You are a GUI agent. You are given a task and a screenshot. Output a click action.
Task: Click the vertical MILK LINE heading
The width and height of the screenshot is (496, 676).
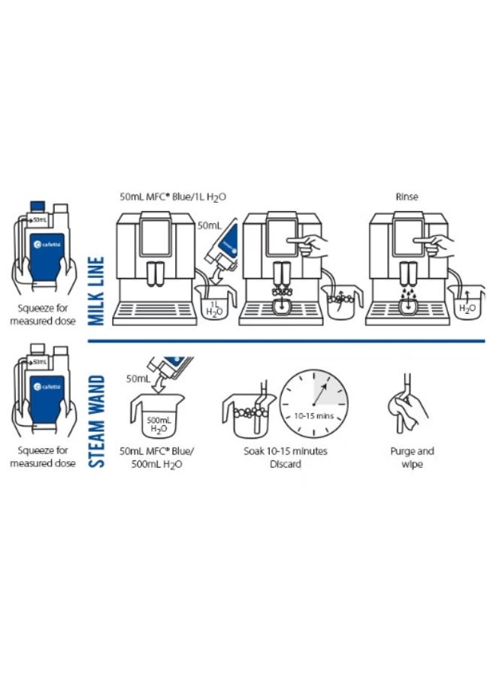96,291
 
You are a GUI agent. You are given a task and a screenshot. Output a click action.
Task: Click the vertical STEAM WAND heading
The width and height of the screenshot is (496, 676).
96,421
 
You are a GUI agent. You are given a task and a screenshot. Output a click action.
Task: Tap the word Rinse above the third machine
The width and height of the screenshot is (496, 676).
407,197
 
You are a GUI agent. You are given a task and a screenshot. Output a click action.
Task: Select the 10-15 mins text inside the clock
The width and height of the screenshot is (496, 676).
313,416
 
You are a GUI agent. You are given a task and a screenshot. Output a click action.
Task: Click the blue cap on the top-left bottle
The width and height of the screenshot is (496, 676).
38,207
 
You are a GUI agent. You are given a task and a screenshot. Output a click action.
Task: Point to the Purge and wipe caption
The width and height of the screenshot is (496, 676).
412,457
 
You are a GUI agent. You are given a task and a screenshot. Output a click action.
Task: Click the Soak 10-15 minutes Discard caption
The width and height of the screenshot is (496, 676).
285,457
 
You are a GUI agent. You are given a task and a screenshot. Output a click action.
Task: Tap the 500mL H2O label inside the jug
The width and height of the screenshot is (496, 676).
159,424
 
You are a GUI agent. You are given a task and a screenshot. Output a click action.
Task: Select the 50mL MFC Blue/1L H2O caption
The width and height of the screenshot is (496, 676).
173,197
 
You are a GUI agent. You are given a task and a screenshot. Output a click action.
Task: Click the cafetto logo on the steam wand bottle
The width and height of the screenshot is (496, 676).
47,387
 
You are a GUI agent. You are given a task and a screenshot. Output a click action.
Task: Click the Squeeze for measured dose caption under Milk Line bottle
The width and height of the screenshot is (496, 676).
43,314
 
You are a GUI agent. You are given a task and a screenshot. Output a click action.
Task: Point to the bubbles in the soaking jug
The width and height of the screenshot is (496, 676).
250,412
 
